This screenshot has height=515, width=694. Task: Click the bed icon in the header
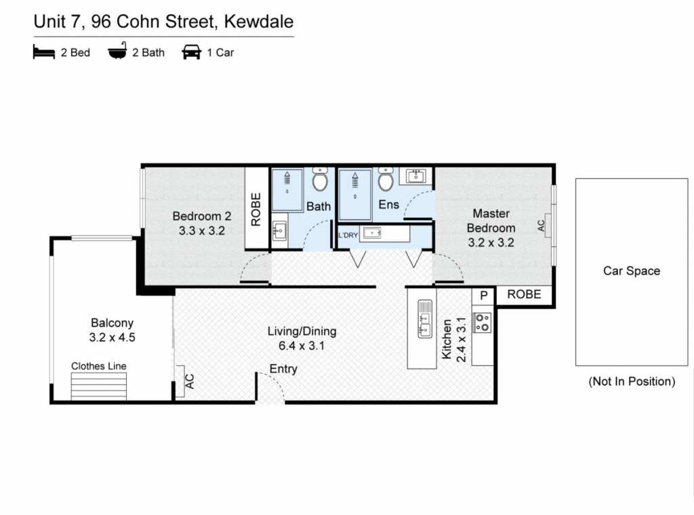pyautogui.click(x=44, y=52)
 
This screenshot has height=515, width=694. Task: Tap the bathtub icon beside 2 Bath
pyautogui.click(x=117, y=51)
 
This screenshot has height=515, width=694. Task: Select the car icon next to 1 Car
pyautogui.click(x=191, y=52)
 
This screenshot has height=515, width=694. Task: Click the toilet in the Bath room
pyautogui.click(x=320, y=179)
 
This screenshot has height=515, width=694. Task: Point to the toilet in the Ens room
pyautogui.click(x=386, y=179)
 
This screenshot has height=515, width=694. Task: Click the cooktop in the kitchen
pyautogui.click(x=483, y=323)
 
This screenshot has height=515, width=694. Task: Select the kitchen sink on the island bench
pyautogui.click(x=425, y=318)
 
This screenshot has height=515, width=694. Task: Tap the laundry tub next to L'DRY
pyautogui.click(x=372, y=232)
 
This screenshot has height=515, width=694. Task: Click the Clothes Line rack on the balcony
pyautogui.click(x=99, y=386)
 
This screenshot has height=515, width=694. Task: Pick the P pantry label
pyautogui.click(x=484, y=295)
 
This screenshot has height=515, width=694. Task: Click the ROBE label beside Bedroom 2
pyautogui.click(x=256, y=209)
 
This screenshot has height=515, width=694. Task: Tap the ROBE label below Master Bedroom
pyautogui.click(x=524, y=295)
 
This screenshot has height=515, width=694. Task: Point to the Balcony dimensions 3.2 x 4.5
pyautogui.click(x=112, y=337)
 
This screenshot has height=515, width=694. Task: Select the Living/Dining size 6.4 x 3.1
pyautogui.click(x=302, y=346)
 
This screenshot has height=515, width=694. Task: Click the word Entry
pyautogui.click(x=283, y=369)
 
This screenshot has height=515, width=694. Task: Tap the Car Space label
pyautogui.click(x=632, y=271)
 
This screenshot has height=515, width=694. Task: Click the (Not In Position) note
pyautogui.click(x=632, y=382)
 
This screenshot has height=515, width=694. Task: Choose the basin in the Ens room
pyautogui.click(x=415, y=176)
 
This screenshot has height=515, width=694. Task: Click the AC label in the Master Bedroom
pyautogui.click(x=542, y=226)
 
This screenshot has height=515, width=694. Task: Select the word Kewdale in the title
pyautogui.click(x=259, y=22)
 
